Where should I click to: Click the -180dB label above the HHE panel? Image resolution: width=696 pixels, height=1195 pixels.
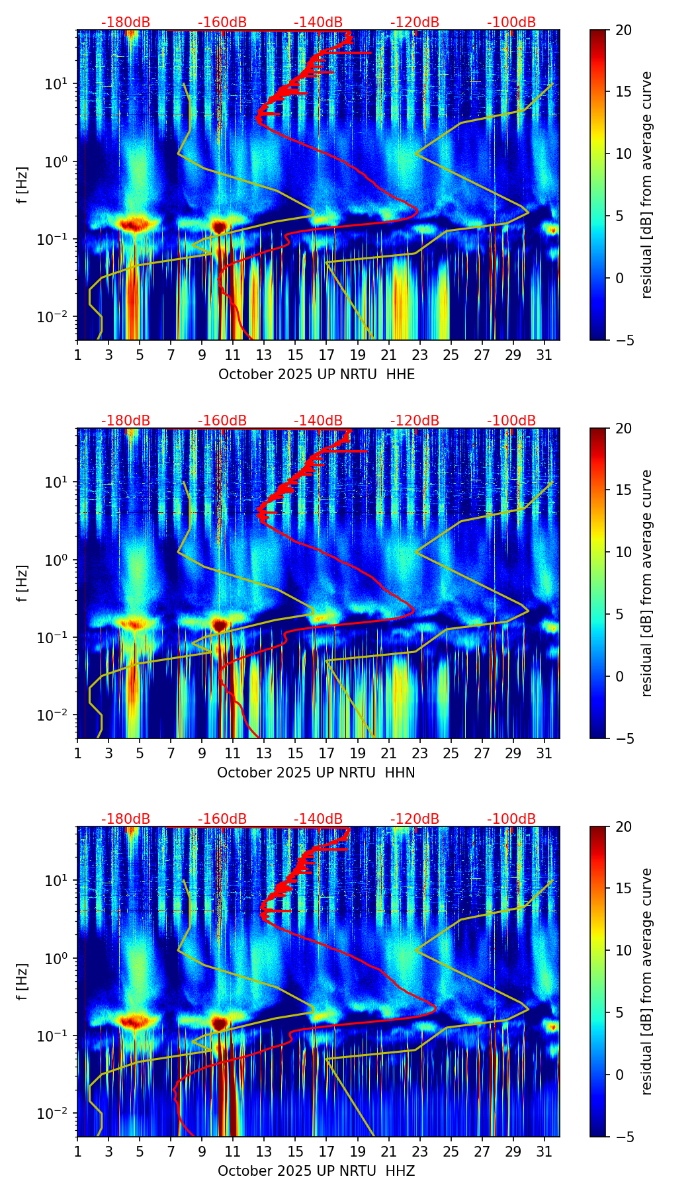126,22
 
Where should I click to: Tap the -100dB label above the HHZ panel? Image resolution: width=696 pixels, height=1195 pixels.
511,819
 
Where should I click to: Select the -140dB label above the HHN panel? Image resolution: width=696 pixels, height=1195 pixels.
318,421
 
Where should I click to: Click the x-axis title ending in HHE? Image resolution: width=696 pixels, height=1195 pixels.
316,375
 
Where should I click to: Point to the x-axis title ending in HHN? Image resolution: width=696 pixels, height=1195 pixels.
316,773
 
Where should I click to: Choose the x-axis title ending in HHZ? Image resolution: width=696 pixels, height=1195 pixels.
316,1171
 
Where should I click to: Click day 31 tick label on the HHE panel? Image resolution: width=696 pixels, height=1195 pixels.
544,355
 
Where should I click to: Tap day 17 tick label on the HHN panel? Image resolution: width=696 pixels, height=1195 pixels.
326,753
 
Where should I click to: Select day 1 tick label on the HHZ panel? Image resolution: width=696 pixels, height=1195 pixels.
77,1151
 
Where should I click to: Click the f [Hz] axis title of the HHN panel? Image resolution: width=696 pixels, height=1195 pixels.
22,583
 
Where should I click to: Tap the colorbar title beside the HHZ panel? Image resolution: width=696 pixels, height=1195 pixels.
647,981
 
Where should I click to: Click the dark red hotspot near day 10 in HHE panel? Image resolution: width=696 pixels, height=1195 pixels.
219,227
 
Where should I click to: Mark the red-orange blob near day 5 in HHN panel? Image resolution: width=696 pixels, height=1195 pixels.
135,624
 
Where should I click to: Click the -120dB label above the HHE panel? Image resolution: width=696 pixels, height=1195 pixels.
415,22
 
